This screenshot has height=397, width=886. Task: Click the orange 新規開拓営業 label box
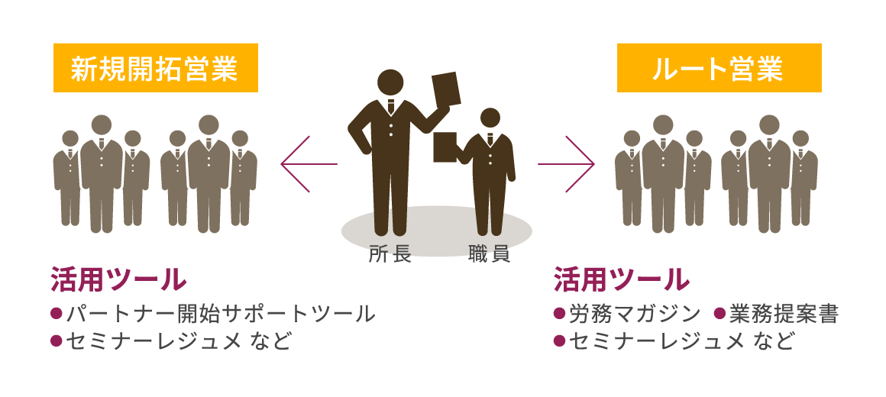155,68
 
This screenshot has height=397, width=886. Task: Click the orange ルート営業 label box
719,68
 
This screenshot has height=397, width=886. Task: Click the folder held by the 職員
445,147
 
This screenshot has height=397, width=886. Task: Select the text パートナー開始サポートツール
221,313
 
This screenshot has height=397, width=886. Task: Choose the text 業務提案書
784,313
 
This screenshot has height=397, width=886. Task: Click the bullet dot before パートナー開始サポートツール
56,313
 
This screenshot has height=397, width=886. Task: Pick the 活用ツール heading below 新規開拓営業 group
118,279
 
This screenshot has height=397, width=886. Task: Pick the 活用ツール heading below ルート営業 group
622,279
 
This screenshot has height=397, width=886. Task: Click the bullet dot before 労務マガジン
559,313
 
